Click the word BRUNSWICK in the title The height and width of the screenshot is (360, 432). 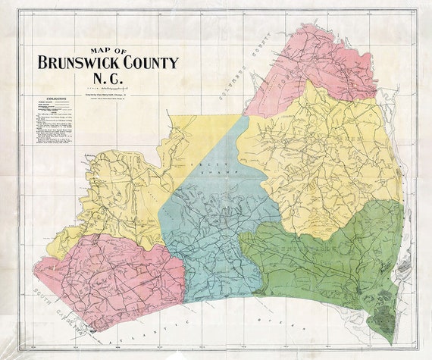pos(77,63)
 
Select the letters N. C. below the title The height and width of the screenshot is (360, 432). pos(106,80)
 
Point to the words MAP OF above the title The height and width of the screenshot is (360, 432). pos(106,51)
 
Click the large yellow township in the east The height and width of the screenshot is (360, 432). pos(326,159)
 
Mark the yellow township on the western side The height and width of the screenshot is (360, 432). pos(121,197)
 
